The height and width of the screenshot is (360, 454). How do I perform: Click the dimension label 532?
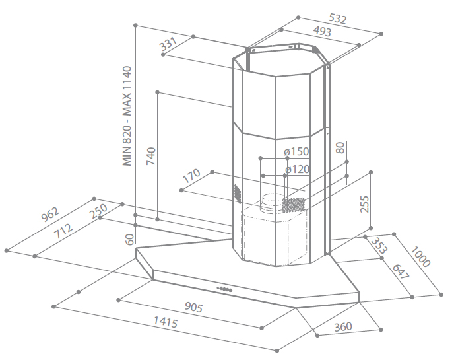(x=337, y=19)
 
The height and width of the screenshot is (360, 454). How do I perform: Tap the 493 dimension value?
(x=322, y=31)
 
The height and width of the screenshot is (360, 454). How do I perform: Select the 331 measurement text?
(x=168, y=44)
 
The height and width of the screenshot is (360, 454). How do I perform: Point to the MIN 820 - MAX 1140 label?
(x=127, y=116)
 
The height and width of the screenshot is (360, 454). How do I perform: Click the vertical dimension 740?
(x=151, y=157)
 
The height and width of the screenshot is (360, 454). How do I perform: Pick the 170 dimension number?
(x=191, y=176)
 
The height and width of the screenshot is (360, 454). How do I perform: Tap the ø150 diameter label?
(x=296, y=151)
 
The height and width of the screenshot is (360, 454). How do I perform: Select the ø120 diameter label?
(x=298, y=169)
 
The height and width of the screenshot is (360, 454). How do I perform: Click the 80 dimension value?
(x=340, y=147)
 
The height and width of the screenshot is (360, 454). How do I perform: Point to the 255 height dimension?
(x=365, y=204)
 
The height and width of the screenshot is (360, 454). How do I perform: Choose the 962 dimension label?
(x=50, y=214)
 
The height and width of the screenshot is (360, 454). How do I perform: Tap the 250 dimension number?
(x=98, y=211)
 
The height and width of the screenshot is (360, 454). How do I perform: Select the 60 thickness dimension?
(x=130, y=239)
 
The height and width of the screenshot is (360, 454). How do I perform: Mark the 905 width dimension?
(x=194, y=307)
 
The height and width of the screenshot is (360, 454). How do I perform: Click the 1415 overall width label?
(x=166, y=322)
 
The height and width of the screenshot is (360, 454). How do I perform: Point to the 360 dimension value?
(x=343, y=327)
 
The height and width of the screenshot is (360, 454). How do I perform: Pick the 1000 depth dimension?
(x=420, y=256)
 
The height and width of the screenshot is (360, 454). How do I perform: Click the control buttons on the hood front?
(x=224, y=289)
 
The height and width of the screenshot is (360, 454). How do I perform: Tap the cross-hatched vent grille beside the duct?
(x=294, y=205)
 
